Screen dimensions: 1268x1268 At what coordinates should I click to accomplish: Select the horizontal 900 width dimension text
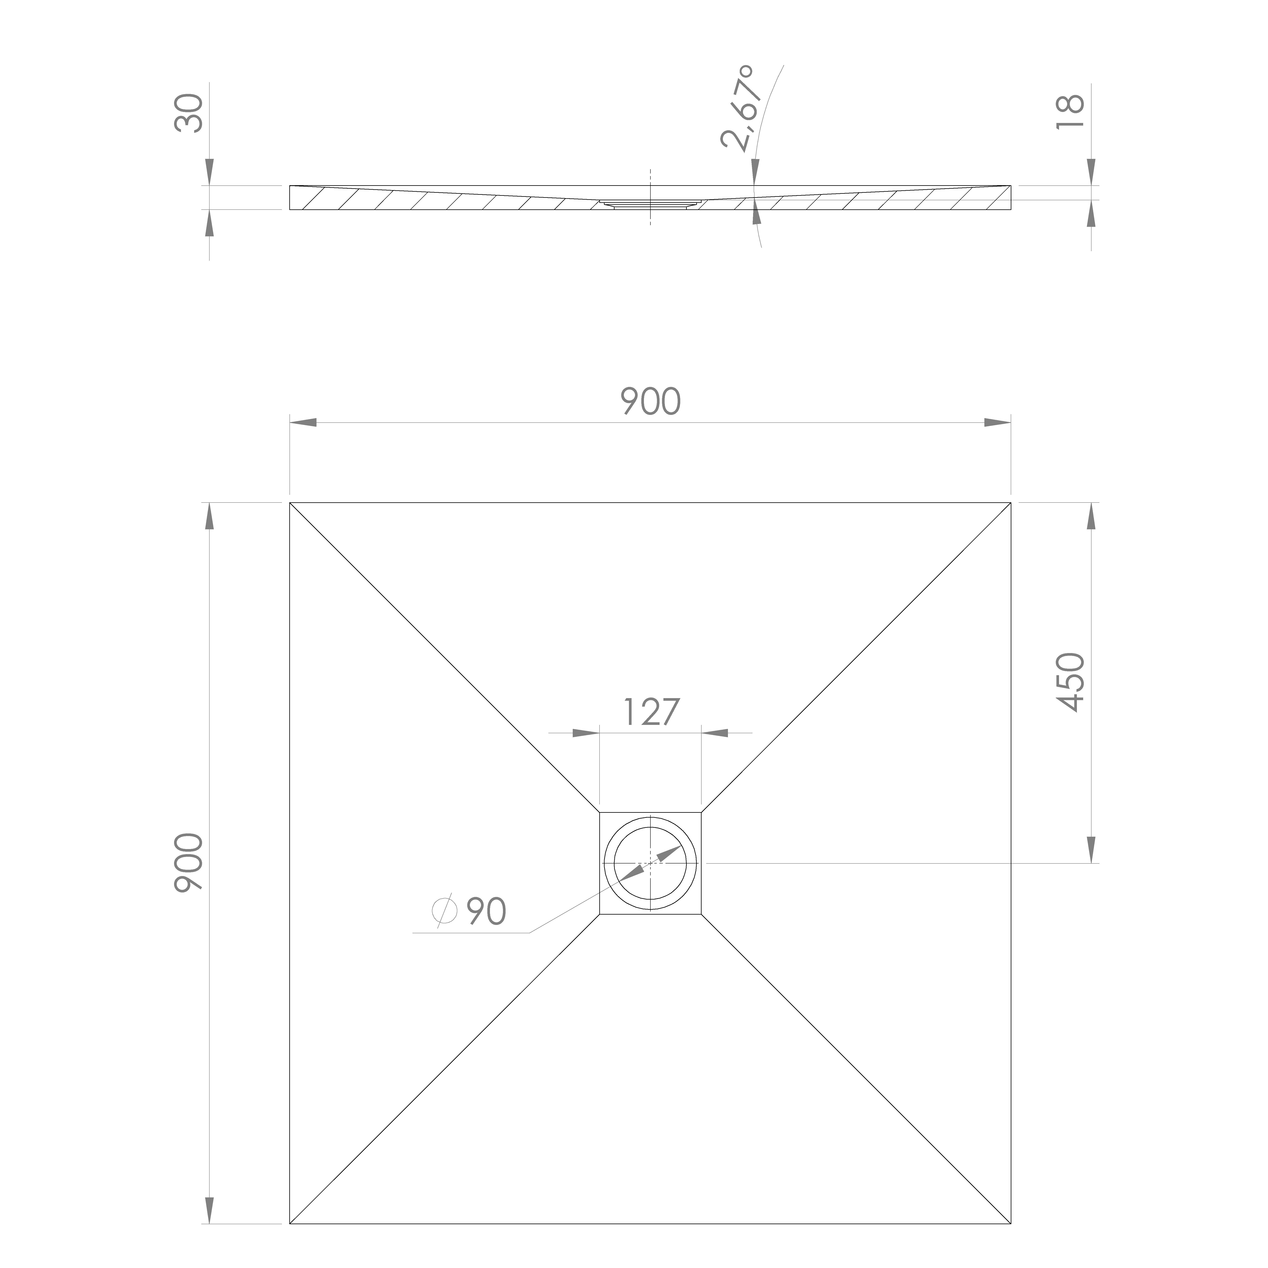[x=650, y=402]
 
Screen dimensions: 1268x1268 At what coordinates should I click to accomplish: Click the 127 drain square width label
[x=650, y=712]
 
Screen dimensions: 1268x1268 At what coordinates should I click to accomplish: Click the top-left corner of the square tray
[x=290, y=503]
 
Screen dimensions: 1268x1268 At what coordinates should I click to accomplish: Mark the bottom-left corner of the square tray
[x=290, y=1223]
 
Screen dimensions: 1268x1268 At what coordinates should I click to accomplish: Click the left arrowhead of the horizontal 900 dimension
[x=303, y=423]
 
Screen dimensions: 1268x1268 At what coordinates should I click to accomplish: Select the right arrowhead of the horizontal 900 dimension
[x=998, y=423]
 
